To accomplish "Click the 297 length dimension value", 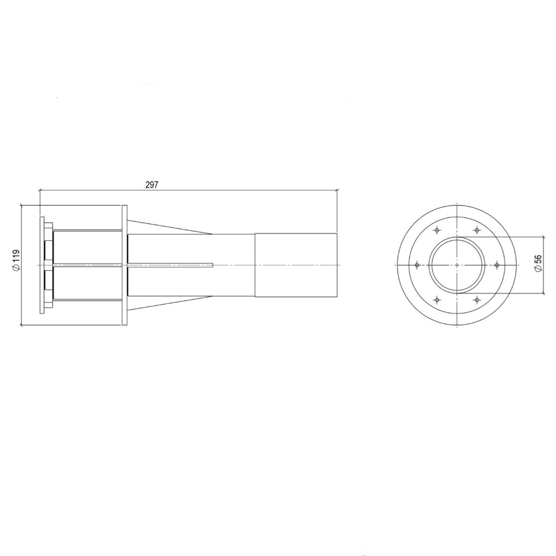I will pos(152,185).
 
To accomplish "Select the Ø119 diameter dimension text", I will pos(16,260).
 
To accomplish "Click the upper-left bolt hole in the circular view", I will pos(437,230).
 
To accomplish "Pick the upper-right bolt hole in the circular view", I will pos(476,230).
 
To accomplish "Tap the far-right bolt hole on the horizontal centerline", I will pos(497,265).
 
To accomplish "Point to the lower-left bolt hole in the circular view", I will pos(437,300).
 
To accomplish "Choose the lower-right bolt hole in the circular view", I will pos(476,300).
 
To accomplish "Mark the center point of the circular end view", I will pos(456,265).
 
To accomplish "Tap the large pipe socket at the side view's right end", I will pos(296,265).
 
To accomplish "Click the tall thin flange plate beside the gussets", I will pos(125,265).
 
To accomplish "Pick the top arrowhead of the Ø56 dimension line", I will pos(544,237).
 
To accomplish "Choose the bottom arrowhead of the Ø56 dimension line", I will pos(544,293).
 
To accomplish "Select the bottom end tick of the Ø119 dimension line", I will pos(21,325).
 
